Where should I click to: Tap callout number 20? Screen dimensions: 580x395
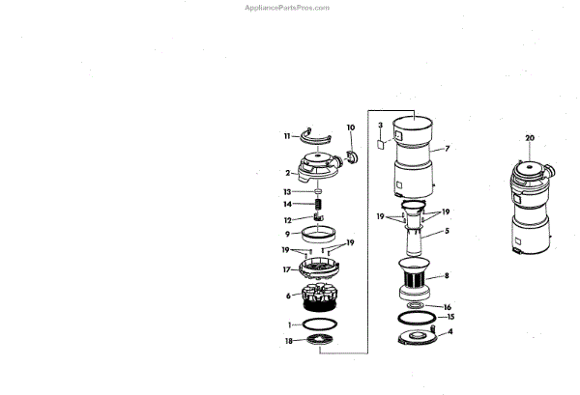click(529, 138)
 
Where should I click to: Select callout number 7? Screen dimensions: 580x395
click(448, 149)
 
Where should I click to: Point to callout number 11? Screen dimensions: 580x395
click(287, 137)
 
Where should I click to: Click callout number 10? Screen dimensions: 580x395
click(350, 127)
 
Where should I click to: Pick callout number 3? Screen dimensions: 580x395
click(381, 126)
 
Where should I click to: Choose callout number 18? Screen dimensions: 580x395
click(289, 341)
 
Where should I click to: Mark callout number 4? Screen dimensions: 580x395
click(448, 331)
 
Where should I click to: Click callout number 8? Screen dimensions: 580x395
click(447, 276)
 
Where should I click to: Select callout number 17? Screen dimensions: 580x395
click(287, 269)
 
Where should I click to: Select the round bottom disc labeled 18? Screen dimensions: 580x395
click(321, 340)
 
